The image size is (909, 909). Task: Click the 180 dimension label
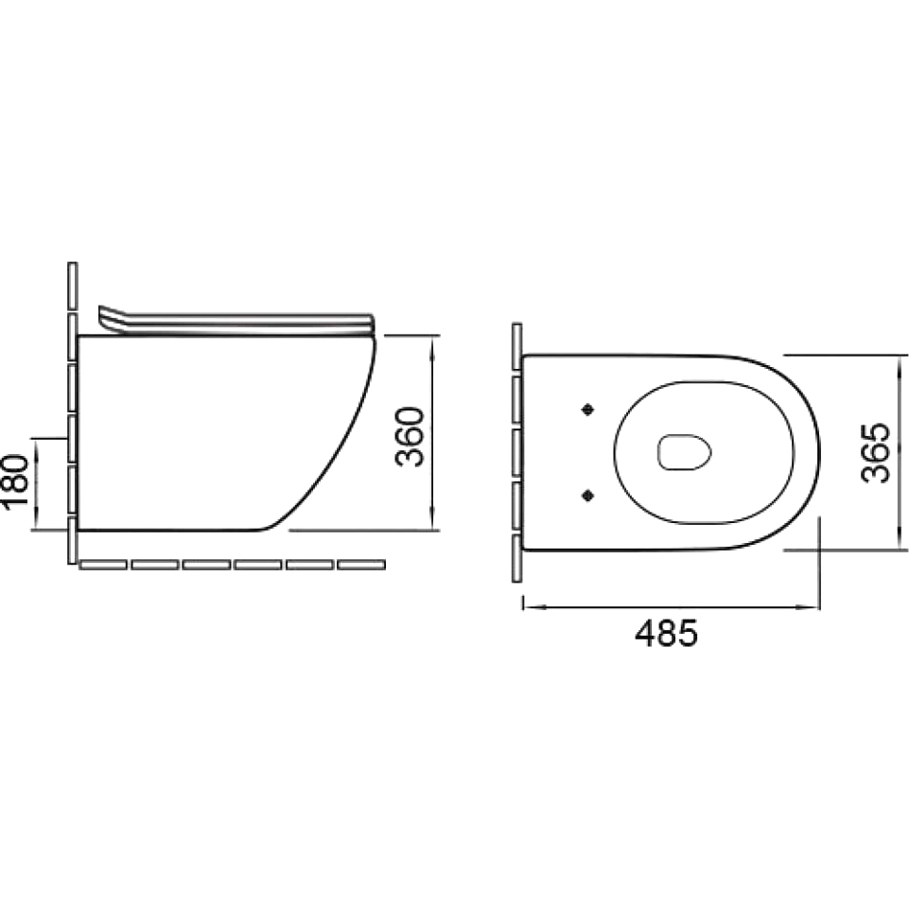(x=16, y=481)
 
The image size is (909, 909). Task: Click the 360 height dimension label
(x=410, y=437)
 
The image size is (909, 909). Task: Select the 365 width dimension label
(x=875, y=452)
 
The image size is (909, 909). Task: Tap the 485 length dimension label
(x=666, y=633)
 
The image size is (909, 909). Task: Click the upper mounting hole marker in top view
(x=588, y=410)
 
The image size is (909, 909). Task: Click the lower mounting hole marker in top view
(x=588, y=495)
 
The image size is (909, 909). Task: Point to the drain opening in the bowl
(x=684, y=452)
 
